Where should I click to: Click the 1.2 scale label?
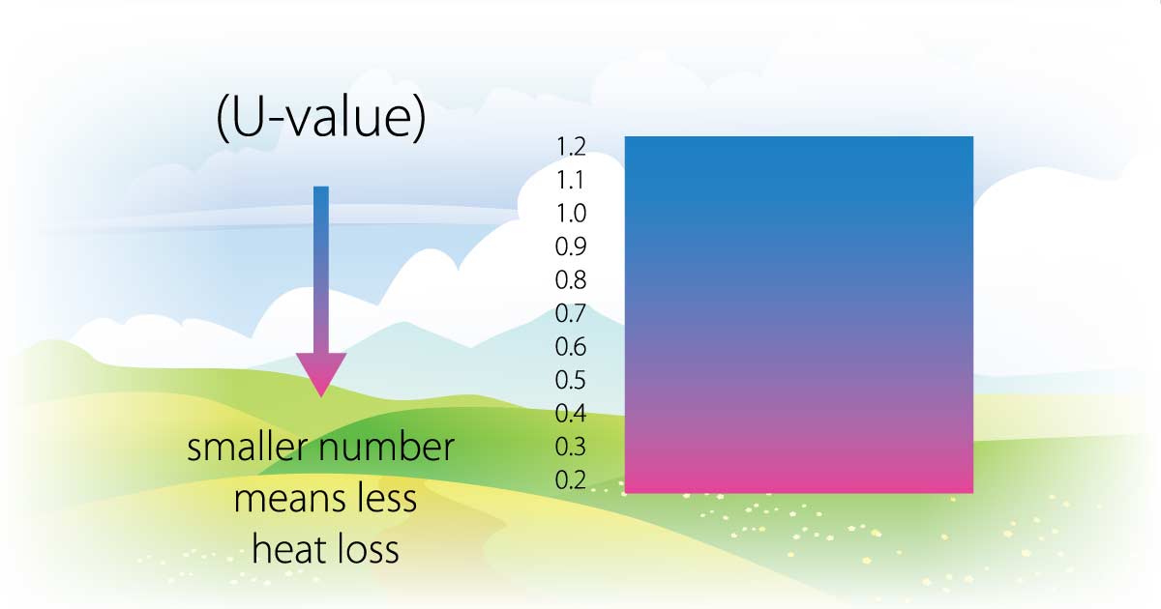click(x=571, y=147)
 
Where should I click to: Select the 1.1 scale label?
click(x=570, y=180)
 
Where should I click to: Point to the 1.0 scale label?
click(x=571, y=214)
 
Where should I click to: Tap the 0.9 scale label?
click(x=571, y=246)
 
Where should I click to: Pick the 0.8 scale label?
click(x=571, y=280)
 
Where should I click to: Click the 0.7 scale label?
click(x=570, y=313)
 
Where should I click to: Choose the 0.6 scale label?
click(x=571, y=346)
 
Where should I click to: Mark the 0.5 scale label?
click(x=570, y=380)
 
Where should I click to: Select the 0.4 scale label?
click(x=571, y=414)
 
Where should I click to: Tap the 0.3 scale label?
click(x=570, y=447)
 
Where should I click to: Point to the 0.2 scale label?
click(x=571, y=480)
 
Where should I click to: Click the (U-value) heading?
click(x=321, y=118)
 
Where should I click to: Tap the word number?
click(x=387, y=448)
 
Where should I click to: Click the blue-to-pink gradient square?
click(x=799, y=315)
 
